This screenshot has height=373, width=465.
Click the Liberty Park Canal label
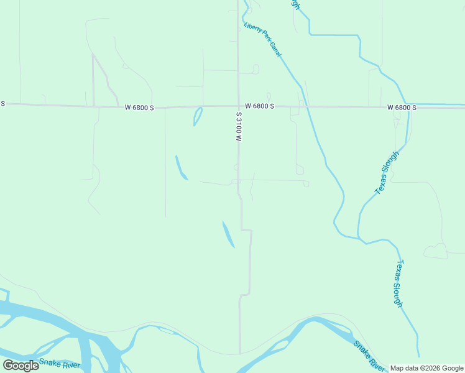[x=263, y=40]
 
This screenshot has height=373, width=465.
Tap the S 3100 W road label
[x=238, y=127]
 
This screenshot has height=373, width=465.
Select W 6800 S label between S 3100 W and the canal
[x=259, y=106]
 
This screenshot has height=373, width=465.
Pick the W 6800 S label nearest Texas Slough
[x=402, y=108]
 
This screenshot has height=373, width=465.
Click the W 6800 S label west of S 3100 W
[x=139, y=108]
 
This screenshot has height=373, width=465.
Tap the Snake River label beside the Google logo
[x=60, y=363]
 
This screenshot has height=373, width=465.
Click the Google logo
[x=21, y=365]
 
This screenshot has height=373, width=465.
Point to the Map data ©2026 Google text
[x=426, y=368]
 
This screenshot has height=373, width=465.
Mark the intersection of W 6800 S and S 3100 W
[x=239, y=106]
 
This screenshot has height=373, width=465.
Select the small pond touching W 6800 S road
[x=198, y=116]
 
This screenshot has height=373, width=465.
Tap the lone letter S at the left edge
[x=2, y=103]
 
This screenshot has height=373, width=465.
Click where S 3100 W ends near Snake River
[x=240, y=352]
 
